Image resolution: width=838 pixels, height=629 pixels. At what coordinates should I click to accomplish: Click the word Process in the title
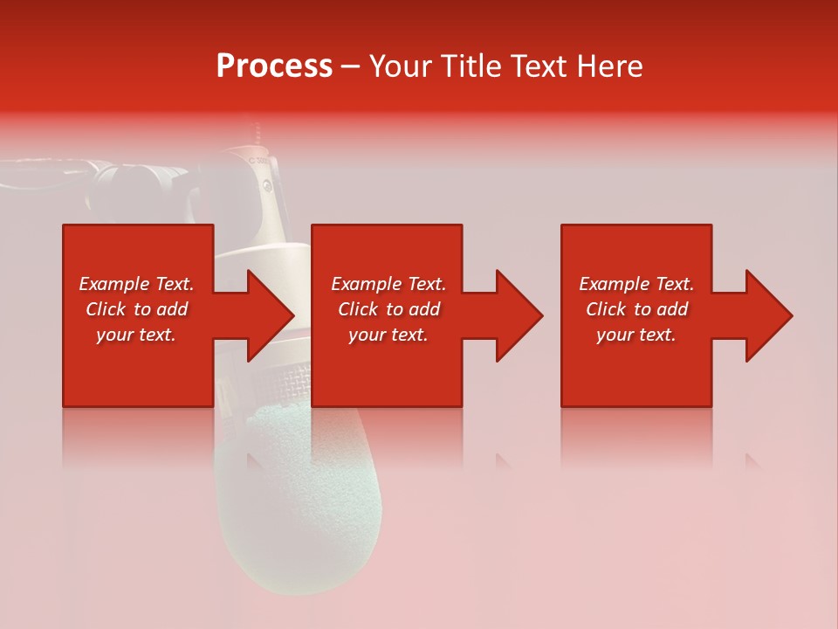point(274,66)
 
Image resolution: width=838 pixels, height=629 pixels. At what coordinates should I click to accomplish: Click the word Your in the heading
point(401,66)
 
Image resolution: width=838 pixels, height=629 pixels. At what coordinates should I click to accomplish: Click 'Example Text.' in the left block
point(136,284)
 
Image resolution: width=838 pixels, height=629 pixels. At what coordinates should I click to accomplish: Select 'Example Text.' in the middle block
point(388,284)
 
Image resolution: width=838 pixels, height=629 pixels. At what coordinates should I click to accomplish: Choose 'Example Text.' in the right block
point(636,284)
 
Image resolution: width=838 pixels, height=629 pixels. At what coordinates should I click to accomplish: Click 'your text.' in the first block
point(136,335)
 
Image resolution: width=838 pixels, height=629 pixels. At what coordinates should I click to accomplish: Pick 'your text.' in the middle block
point(388,335)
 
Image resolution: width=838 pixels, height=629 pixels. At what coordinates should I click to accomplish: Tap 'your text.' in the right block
point(636,335)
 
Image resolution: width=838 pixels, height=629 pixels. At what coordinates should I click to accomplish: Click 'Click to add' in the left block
point(136,309)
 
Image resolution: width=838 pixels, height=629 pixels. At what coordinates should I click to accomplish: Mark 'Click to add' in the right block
point(636,309)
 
